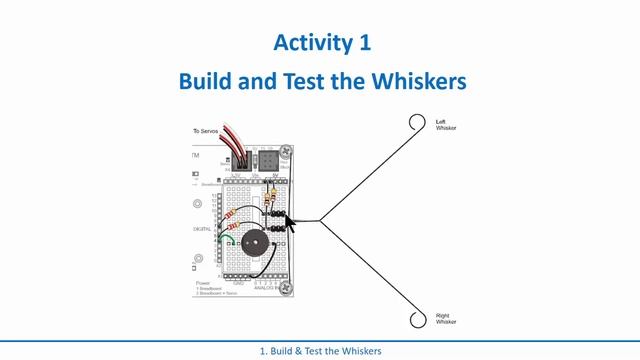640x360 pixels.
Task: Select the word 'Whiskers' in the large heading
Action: (417, 81)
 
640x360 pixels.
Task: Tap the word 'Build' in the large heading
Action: (211, 81)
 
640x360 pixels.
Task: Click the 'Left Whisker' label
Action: (445, 125)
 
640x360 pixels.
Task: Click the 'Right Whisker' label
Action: (446, 319)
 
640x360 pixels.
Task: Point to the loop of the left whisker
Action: (417, 123)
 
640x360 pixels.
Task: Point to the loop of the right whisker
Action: (417, 319)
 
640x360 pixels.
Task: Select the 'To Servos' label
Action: (207, 131)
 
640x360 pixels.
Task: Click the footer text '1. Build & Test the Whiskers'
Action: (319, 351)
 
